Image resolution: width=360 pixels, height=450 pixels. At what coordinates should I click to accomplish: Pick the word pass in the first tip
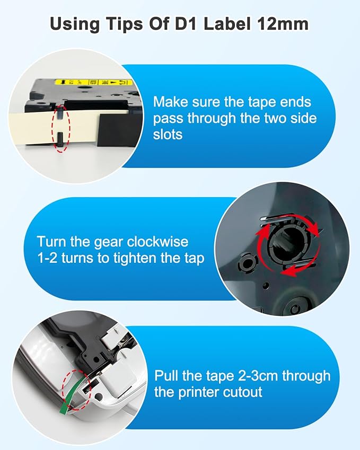(x=170, y=118)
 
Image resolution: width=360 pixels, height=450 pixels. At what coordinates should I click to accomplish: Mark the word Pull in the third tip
(x=166, y=376)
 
